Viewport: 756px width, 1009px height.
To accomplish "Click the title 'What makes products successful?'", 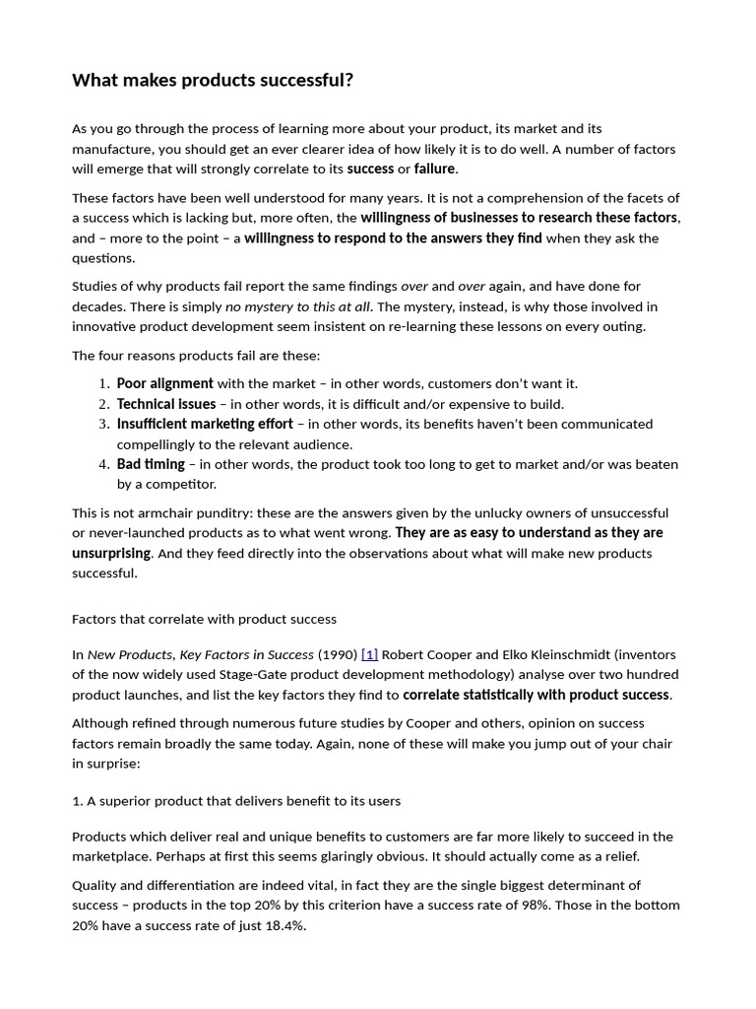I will click(x=213, y=81).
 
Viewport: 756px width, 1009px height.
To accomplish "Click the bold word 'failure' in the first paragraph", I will click(x=434, y=169).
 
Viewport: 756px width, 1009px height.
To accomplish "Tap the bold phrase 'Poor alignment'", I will click(x=164, y=383).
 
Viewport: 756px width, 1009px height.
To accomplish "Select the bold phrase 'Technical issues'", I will click(x=165, y=404).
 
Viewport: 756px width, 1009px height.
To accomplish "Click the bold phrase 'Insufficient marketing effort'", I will click(x=205, y=424).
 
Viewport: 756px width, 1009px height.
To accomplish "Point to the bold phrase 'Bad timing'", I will click(x=151, y=464).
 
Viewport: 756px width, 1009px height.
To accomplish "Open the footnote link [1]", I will click(x=369, y=654).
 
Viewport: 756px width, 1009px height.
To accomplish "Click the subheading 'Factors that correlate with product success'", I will click(x=204, y=619).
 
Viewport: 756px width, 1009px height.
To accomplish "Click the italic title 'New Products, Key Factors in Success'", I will click(x=201, y=654).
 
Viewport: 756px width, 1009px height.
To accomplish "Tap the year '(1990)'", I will click(x=338, y=654).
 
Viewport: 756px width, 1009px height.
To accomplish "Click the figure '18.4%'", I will click(x=283, y=925).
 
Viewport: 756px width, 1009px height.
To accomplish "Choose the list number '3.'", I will click(x=104, y=424).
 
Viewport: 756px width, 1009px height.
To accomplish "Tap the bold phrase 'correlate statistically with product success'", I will click(x=536, y=695).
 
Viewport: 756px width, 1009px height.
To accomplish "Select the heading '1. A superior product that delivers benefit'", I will click(x=236, y=801).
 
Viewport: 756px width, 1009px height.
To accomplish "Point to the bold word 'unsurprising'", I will click(x=111, y=554).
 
